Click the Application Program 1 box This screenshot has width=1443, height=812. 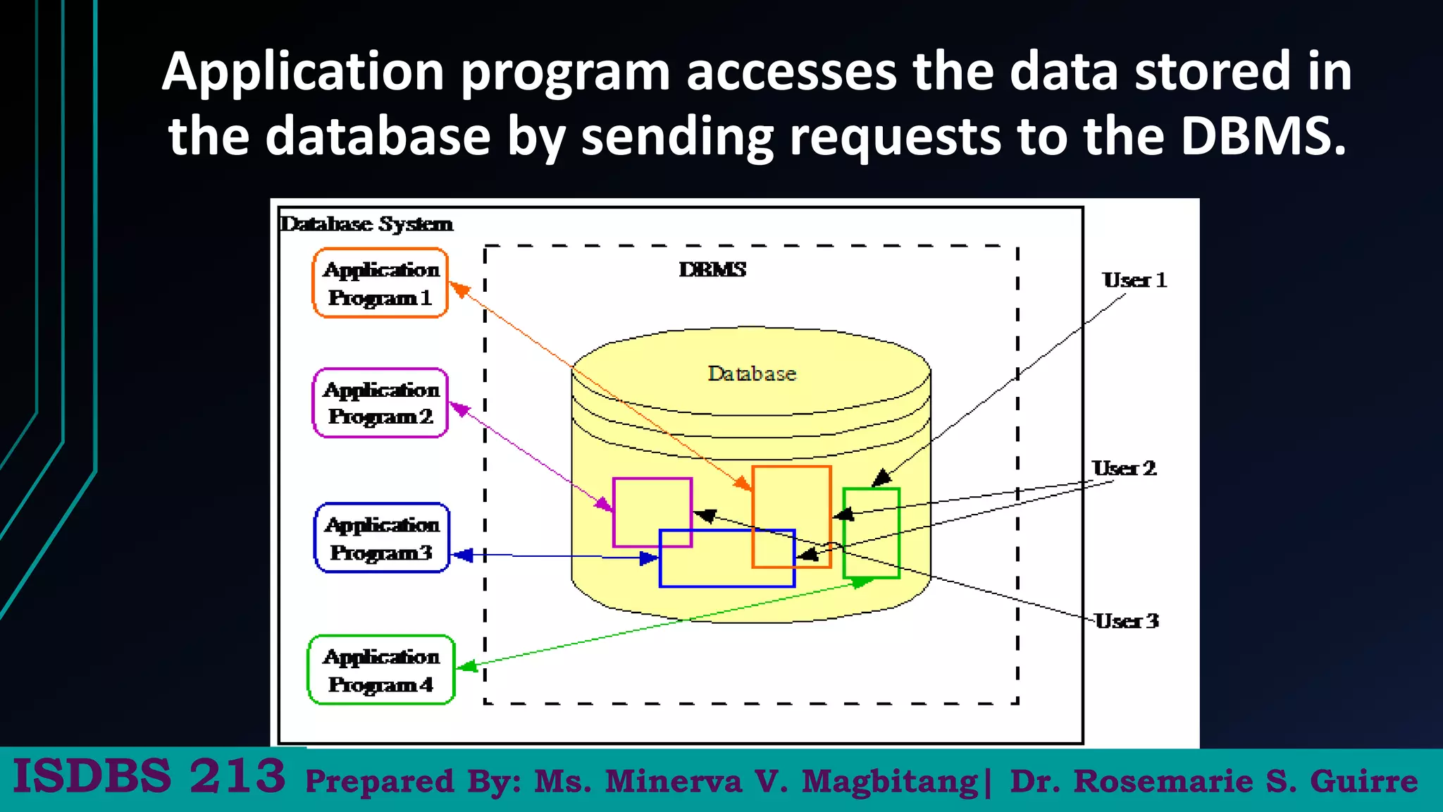[x=380, y=283]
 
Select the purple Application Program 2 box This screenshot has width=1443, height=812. [x=380, y=403]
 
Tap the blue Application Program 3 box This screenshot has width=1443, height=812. [x=381, y=538]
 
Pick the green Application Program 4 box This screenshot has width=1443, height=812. [x=381, y=670]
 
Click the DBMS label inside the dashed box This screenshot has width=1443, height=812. [x=712, y=269]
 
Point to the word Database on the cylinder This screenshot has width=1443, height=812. [x=752, y=374]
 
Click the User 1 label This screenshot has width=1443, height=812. [x=1134, y=280]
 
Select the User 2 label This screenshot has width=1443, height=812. [x=1124, y=468]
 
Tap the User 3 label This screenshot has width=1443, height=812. [x=1126, y=621]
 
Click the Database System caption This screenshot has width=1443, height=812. [x=366, y=223]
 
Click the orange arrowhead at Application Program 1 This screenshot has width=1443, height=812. [x=459, y=288]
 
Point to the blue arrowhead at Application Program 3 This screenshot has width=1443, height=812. [x=462, y=555]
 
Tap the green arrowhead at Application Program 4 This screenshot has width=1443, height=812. [x=466, y=665]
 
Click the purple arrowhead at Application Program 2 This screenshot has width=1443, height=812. [x=459, y=408]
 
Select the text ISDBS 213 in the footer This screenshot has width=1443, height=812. [x=149, y=776]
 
